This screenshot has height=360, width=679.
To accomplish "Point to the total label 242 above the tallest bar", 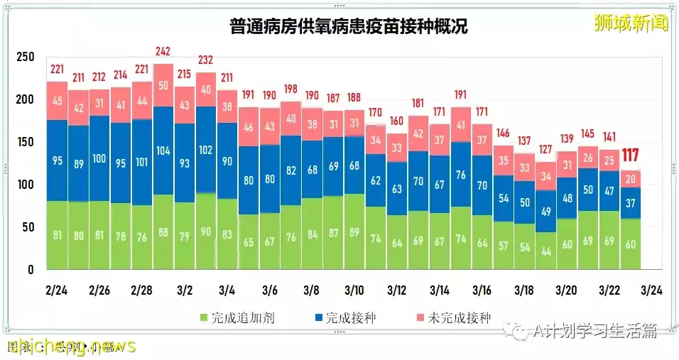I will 163,51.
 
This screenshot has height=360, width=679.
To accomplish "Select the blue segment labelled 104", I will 163,151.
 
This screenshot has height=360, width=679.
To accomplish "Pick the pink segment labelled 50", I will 163,86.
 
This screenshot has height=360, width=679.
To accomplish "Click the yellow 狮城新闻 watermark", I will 631,23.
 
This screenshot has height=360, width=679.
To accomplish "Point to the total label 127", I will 546,149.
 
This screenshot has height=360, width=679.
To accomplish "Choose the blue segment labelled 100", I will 99,158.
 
